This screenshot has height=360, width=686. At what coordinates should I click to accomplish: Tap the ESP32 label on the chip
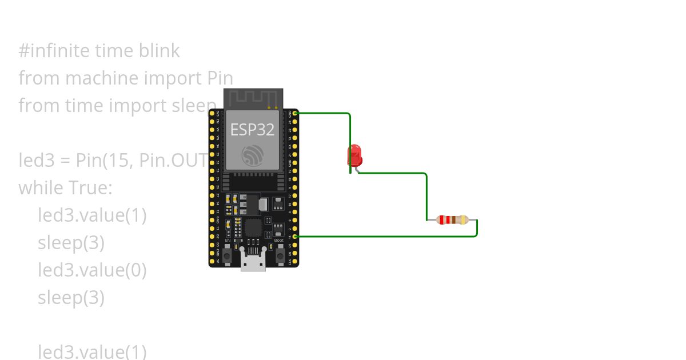[x=252, y=129]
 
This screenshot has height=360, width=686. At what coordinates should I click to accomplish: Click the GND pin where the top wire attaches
[x=295, y=113]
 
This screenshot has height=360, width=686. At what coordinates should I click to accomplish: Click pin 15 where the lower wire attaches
[x=295, y=236]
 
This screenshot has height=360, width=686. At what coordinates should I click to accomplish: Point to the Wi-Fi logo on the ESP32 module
[x=252, y=155]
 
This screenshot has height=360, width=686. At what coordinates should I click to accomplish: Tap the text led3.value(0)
[x=92, y=270]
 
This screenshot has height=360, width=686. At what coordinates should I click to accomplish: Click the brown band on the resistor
[x=453, y=219]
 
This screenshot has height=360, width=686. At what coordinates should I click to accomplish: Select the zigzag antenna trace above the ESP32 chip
[x=252, y=100]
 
